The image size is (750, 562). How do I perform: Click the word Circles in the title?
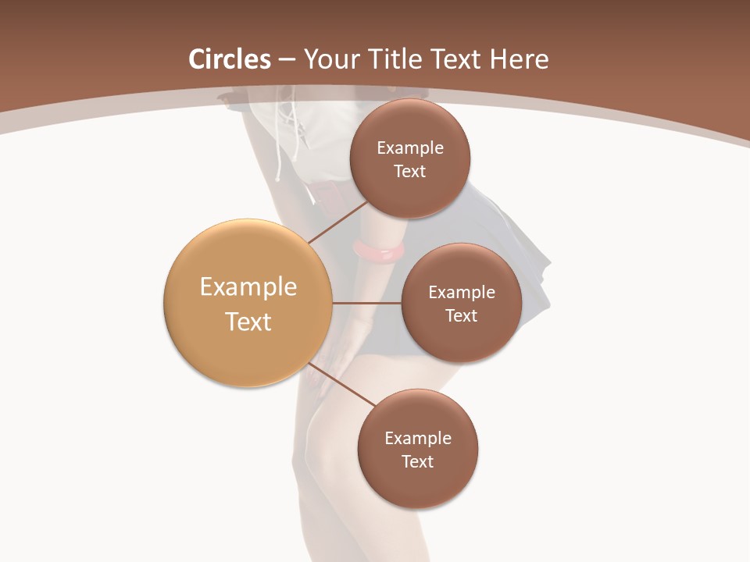click(230, 59)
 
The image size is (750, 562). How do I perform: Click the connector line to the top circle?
click(337, 222)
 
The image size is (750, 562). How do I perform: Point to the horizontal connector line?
click(366, 303)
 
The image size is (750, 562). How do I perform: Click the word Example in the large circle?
click(248, 287)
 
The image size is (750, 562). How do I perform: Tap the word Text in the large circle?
click(248, 322)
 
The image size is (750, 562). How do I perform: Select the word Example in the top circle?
click(410, 148)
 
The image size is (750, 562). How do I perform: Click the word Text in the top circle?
click(409, 172)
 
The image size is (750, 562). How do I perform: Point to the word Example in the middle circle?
click(462, 293)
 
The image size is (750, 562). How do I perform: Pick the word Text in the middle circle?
click(461, 316)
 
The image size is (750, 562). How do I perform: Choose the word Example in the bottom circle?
click(418, 439)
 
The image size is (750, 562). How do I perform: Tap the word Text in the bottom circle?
click(417, 462)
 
